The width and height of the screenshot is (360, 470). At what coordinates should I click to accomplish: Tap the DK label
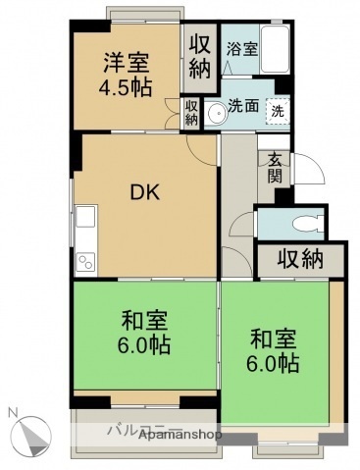point(146,193)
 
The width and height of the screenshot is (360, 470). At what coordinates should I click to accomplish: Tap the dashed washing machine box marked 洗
point(279,111)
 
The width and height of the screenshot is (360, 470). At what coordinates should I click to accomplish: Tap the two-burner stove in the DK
point(84,261)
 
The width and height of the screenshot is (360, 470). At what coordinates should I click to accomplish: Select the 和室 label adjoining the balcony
point(143,334)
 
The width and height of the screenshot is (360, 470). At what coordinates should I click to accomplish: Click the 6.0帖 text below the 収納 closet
point(272,364)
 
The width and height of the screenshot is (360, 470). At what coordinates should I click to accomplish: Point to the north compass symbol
point(33,432)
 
